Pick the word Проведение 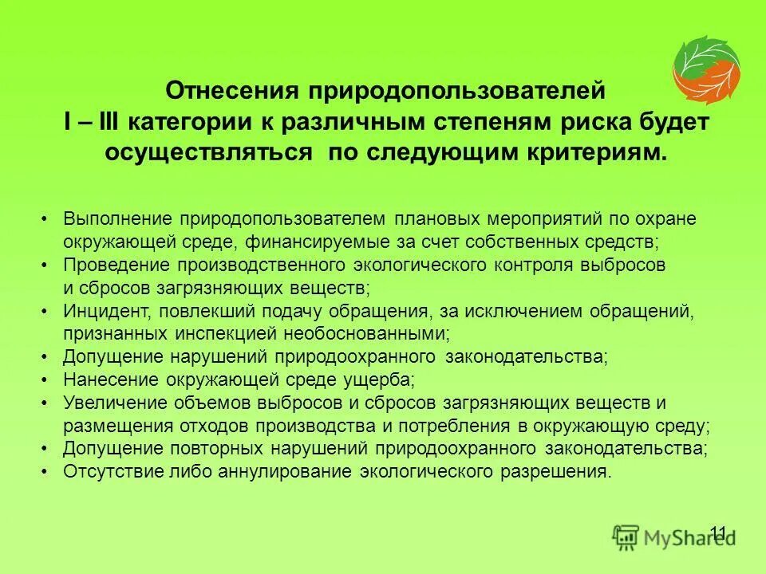coord(118,264)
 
